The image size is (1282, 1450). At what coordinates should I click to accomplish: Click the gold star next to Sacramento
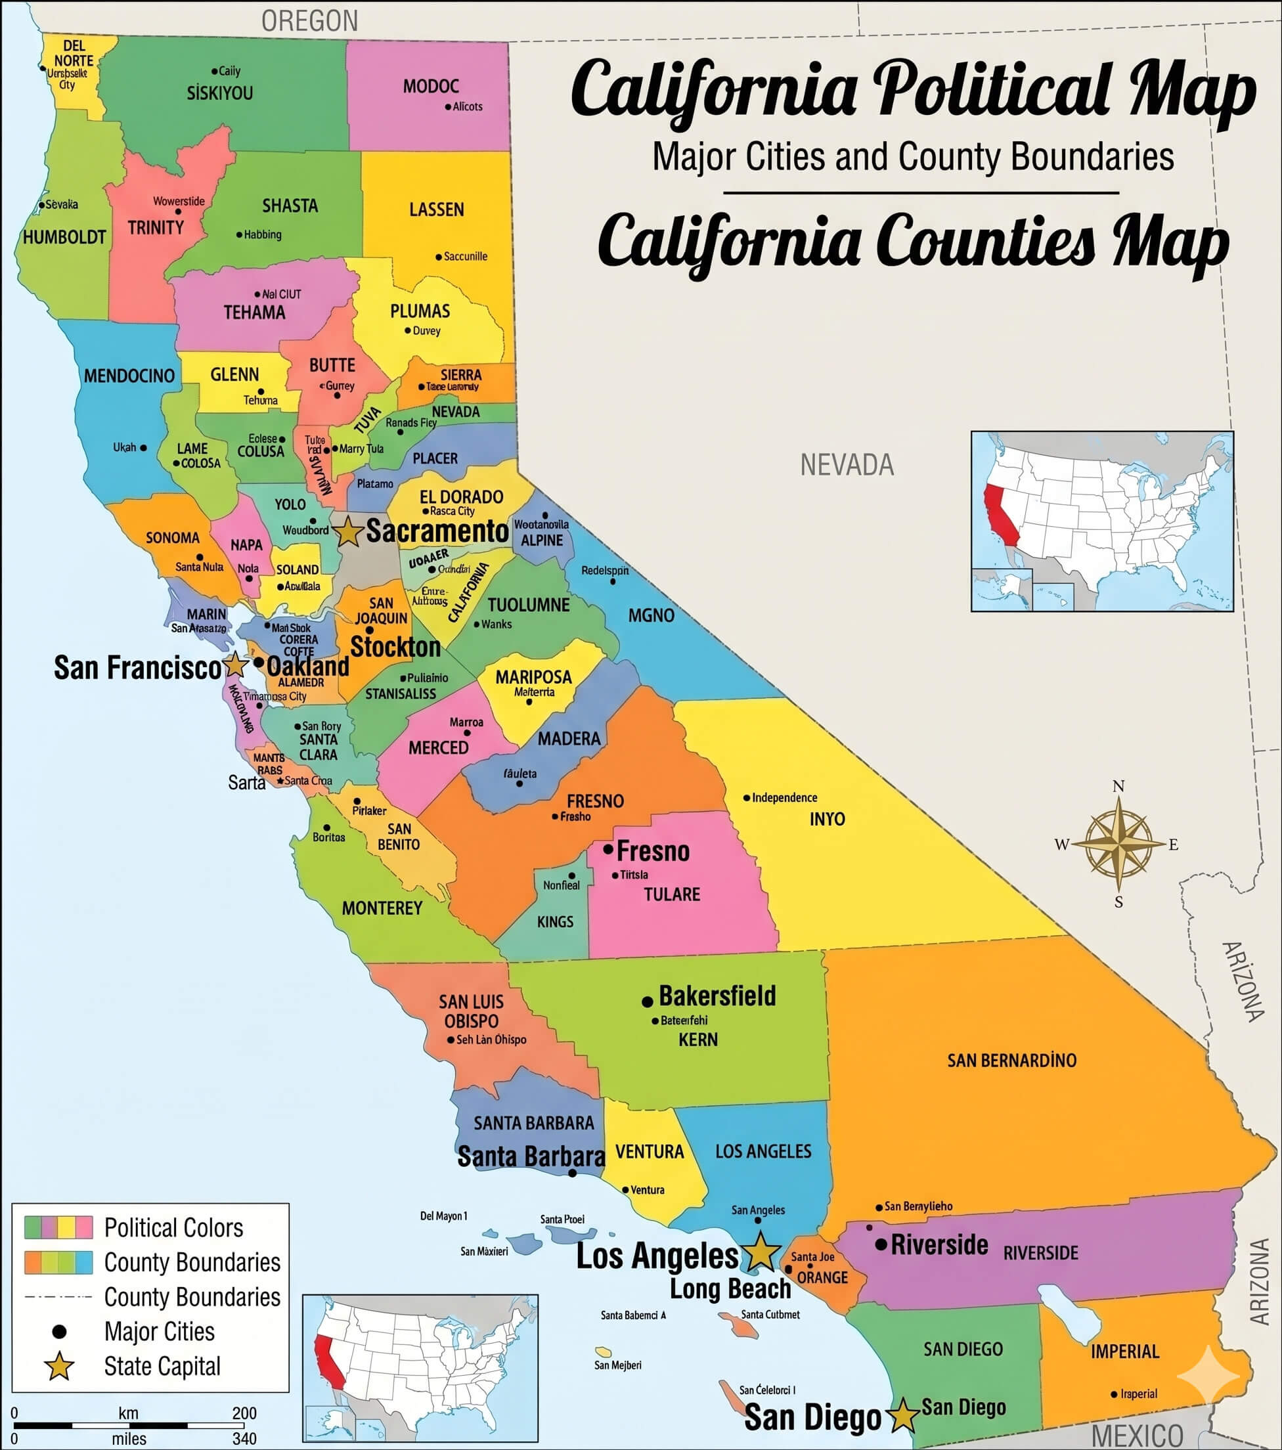tap(347, 532)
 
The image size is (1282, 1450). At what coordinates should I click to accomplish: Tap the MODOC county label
tap(431, 87)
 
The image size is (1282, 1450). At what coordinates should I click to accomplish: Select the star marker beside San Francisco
tap(235, 665)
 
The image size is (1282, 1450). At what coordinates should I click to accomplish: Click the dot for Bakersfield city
tap(647, 1001)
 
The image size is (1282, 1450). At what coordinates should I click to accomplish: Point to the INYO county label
tap(828, 820)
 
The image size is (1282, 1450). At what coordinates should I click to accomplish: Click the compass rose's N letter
tap(1118, 786)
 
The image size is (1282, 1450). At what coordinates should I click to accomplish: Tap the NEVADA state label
tap(847, 466)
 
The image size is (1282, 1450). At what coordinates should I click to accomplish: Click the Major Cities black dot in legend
tap(59, 1332)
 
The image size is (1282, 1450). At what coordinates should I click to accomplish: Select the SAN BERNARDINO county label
tap(1011, 1061)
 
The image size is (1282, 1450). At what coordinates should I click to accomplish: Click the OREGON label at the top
tap(309, 21)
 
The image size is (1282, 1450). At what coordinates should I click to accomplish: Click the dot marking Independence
tap(746, 798)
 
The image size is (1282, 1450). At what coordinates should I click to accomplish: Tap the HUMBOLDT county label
tap(64, 237)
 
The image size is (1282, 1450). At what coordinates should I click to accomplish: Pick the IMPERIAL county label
tap(1124, 1351)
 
